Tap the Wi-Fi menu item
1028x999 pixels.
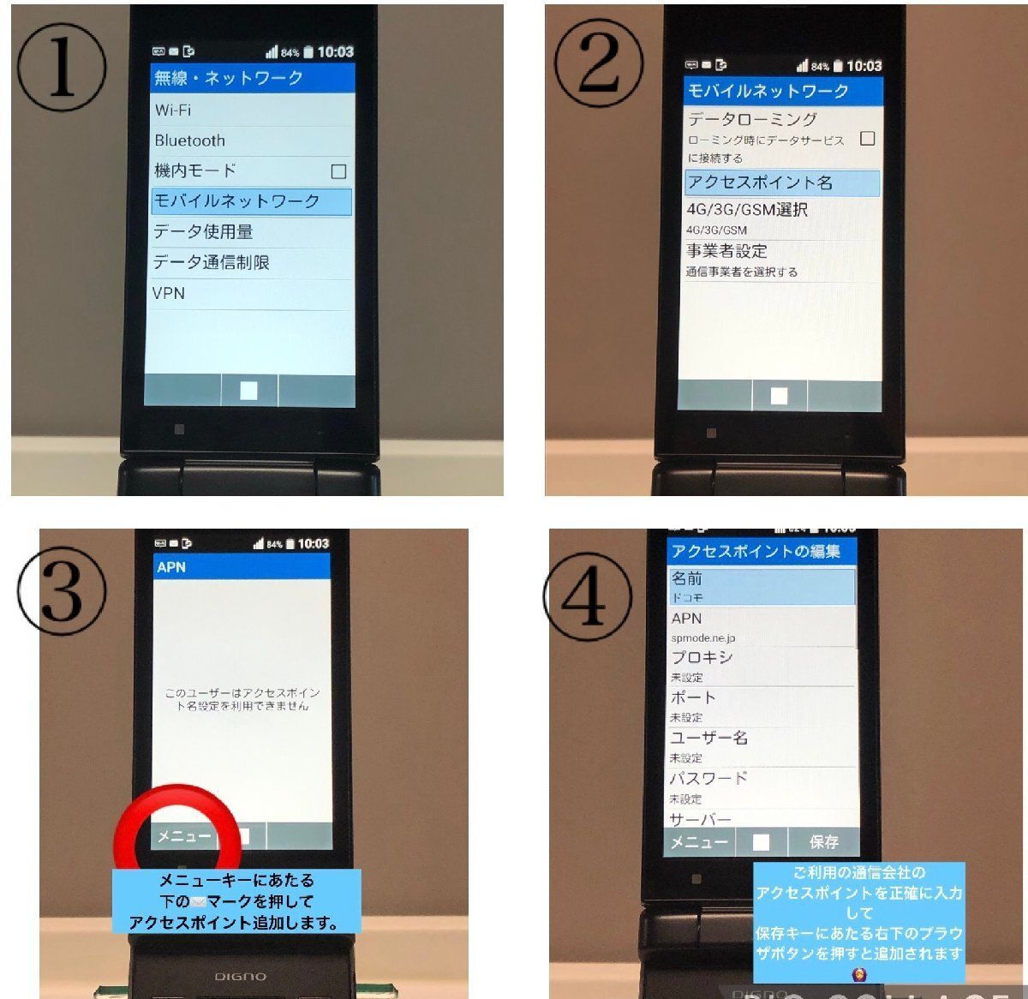coord(173,111)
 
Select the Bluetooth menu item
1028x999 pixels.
coord(190,141)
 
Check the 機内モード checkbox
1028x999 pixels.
coord(338,171)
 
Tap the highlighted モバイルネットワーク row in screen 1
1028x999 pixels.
coord(251,201)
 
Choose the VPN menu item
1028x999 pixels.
coord(169,293)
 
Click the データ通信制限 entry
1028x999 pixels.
coord(212,262)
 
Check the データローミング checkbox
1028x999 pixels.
coord(867,138)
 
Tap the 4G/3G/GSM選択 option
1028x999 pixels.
coord(747,210)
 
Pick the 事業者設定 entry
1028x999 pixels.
coord(727,251)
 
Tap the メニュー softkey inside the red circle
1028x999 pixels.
coord(183,836)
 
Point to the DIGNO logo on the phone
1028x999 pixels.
coord(240,976)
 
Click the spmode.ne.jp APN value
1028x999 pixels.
coord(703,638)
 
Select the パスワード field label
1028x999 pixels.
coord(708,779)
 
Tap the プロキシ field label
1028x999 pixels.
coord(702,657)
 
